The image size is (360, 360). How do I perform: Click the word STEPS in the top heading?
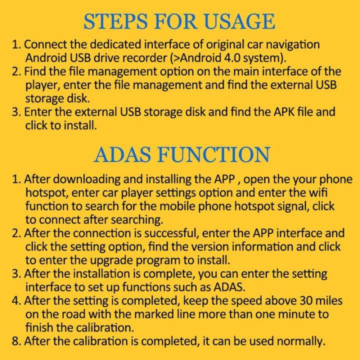(115, 21)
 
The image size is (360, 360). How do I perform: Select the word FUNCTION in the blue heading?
(214, 154)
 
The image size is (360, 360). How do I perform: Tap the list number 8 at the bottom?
(16, 341)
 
